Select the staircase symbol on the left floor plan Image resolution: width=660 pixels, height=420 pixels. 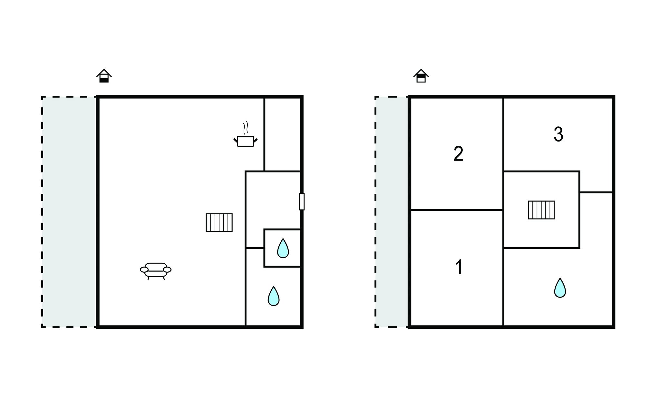219,222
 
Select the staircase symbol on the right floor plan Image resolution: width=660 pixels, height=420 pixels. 541,210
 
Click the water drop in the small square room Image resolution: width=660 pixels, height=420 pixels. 283,248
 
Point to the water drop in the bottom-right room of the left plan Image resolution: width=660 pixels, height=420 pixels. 274,296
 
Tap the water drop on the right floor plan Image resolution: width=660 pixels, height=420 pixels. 560,288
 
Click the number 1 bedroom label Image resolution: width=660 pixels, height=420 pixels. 459,267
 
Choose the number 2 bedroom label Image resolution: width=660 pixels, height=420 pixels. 458,154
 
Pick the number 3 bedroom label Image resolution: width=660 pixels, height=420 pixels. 558,134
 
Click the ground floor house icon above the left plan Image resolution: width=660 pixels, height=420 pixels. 104,76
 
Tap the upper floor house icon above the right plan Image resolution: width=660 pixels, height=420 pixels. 421,76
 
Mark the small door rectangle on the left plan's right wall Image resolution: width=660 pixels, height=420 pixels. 302,201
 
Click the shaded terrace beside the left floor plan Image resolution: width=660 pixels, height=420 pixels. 69,212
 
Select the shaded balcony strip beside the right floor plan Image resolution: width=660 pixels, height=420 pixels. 392,212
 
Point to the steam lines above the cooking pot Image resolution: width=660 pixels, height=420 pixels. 246,128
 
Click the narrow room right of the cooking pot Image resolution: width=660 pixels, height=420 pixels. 282,134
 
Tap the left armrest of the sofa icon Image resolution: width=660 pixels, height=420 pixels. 144,269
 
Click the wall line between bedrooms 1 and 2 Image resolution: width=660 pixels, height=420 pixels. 457,210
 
